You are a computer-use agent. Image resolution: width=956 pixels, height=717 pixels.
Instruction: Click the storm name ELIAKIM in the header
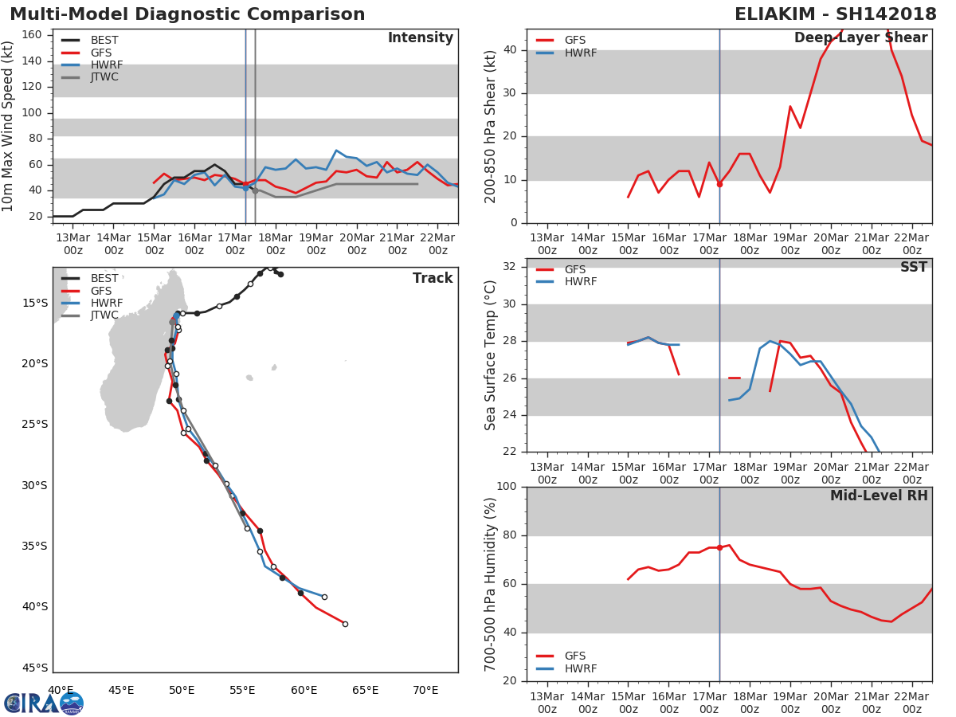(775, 14)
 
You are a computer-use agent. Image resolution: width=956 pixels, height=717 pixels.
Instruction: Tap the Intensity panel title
(421, 37)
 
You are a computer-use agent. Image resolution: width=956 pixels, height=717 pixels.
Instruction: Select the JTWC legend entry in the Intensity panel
(90, 77)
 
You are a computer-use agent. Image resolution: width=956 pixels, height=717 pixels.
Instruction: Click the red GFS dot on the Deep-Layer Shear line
(719, 185)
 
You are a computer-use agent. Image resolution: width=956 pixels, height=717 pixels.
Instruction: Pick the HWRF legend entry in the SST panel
(566, 282)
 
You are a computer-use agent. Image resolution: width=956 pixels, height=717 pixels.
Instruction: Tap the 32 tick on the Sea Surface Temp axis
(510, 266)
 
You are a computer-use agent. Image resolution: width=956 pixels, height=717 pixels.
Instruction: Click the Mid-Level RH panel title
(879, 496)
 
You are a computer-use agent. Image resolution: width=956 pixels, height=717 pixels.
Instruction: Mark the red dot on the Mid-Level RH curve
(719, 547)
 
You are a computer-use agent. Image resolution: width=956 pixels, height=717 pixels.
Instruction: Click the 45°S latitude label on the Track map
(35, 668)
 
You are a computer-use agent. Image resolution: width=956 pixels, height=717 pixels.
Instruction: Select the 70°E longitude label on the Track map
(425, 690)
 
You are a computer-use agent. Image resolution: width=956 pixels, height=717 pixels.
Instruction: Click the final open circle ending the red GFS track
(345, 625)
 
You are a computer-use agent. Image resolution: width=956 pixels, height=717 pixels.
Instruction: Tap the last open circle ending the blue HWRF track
(324, 597)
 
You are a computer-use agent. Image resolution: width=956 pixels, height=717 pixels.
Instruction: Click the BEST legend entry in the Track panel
(90, 278)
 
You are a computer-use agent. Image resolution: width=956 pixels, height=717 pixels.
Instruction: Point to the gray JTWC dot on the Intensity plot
(255, 190)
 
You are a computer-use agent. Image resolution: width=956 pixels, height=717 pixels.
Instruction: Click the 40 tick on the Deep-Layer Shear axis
(510, 49)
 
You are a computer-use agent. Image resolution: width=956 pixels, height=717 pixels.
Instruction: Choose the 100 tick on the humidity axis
(507, 486)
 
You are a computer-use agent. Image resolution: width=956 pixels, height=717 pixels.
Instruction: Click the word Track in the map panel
(433, 278)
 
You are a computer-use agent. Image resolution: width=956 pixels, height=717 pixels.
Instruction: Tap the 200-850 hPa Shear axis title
(490, 127)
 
